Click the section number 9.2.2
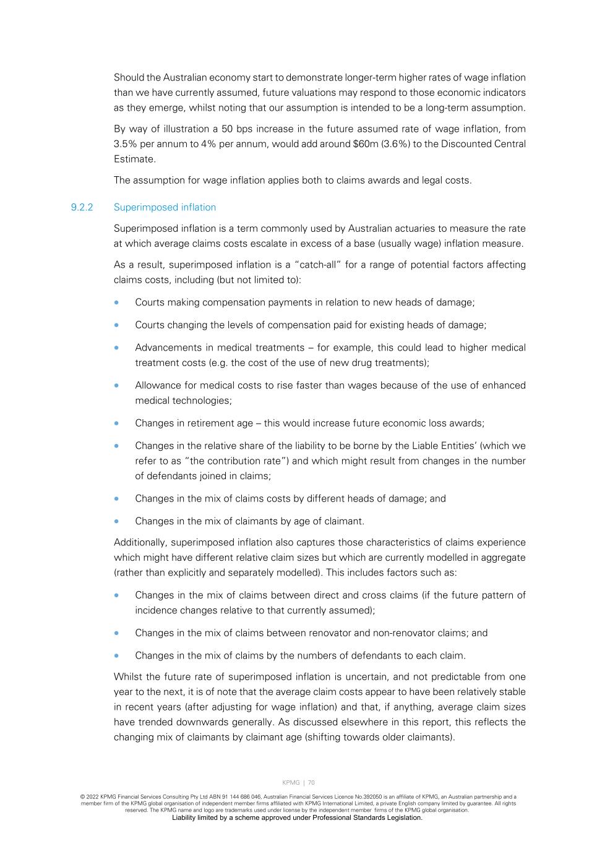[82, 207]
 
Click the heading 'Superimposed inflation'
[165, 207]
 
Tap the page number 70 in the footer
[311, 783]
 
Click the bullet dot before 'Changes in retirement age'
[116, 424]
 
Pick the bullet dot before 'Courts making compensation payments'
[116, 303]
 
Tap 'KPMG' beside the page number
[291, 783]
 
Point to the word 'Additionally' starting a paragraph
[140, 542]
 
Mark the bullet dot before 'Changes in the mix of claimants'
[116, 521]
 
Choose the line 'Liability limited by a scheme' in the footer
[297, 817]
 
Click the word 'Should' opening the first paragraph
[129, 78]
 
